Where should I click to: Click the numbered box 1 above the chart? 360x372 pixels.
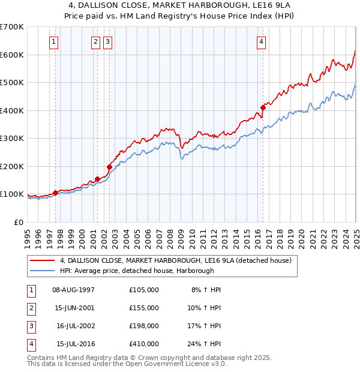[x=55, y=41]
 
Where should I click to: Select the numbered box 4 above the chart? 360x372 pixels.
[x=262, y=41]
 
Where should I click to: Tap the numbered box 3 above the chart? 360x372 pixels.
[x=107, y=41]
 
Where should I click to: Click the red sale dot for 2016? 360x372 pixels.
[x=263, y=108]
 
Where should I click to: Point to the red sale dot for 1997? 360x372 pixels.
[x=55, y=193]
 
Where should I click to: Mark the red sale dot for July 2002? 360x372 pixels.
[x=109, y=167]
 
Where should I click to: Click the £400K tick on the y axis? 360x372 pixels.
[x=12, y=110]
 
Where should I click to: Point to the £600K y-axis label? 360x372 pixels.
[x=12, y=55]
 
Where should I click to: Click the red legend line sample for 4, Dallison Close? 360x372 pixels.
[x=42, y=260]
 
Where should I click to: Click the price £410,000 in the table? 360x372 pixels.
[x=144, y=343]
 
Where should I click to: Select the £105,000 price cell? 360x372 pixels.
[x=144, y=289]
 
